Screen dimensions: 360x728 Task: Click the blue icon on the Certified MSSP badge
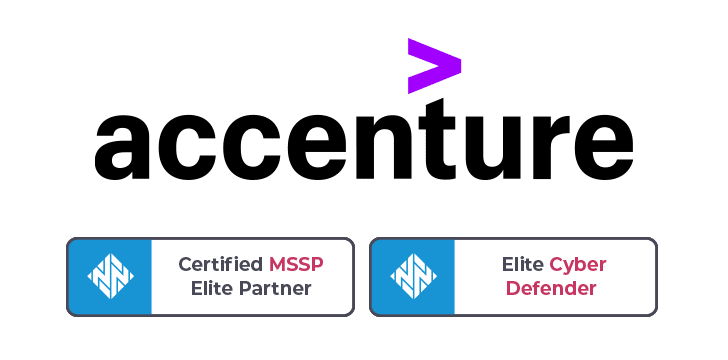coord(109,277)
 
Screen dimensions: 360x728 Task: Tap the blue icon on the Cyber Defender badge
coord(412,277)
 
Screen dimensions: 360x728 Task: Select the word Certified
coord(221,265)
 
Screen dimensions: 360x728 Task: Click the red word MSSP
coord(296,265)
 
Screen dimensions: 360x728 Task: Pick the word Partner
coord(275,289)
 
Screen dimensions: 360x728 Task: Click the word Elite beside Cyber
coord(523,265)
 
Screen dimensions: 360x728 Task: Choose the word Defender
coord(550,289)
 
